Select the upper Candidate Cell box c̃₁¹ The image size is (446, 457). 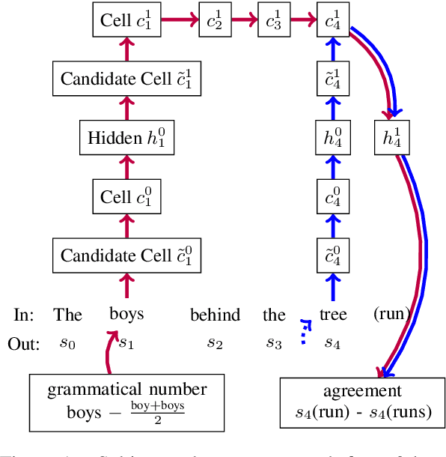click(x=126, y=78)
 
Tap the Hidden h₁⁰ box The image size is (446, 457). click(x=126, y=137)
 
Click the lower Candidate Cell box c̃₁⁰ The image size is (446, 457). click(x=126, y=255)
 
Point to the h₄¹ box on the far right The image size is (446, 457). click(x=391, y=137)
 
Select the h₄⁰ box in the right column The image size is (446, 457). click(x=332, y=137)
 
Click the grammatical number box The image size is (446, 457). click(x=126, y=402)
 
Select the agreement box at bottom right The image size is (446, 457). click(x=362, y=402)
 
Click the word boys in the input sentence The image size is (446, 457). click(x=126, y=314)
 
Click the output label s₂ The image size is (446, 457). click(x=215, y=343)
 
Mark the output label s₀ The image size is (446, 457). click(x=67, y=343)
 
